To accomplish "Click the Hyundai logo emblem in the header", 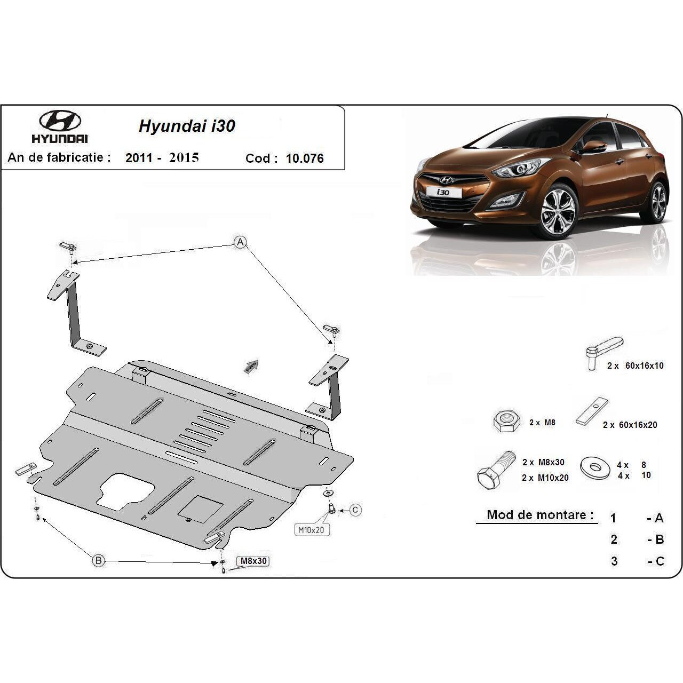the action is point(60,121).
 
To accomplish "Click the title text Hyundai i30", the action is point(187,126).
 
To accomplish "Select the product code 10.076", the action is point(305,158).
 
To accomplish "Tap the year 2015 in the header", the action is point(184,158).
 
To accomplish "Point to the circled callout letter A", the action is point(240,242).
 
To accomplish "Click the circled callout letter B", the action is point(99,560).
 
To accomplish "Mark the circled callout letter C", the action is point(355,510).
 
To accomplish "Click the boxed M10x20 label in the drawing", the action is point(311,530).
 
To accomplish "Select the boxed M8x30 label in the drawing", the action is point(253,561).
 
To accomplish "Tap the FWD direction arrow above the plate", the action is point(251,367).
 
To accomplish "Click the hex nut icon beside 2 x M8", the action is point(506,421).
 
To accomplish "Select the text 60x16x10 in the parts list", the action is point(645,366).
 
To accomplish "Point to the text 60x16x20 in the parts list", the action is point(638,425).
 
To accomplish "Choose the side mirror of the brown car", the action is point(593,146).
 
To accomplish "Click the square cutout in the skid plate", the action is point(200,510).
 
